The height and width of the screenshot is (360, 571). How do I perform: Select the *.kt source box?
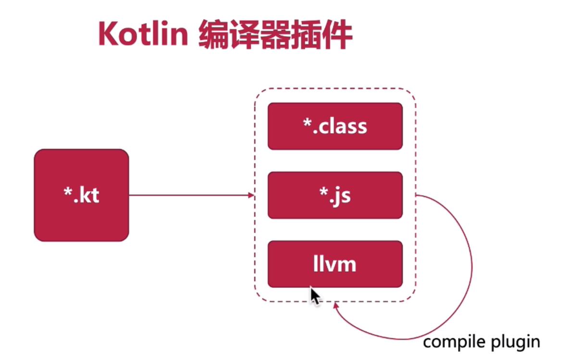pyautogui.click(x=81, y=195)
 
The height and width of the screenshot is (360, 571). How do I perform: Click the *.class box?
pyautogui.click(x=335, y=126)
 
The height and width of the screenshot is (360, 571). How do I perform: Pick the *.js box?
pyautogui.click(x=335, y=195)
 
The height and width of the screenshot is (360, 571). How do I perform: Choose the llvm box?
pyautogui.click(x=335, y=264)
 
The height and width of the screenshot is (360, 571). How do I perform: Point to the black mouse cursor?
pyautogui.click(x=314, y=295)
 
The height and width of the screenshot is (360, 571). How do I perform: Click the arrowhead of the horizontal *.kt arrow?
pyautogui.click(x=251, y=195)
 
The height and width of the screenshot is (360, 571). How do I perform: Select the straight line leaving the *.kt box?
pyautogui.click(x=190, y=195)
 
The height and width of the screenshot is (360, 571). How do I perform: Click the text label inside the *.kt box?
pyautogui.click(x=81, y=195)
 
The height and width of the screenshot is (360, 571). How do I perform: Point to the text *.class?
pyautogui.click(x=335, y=126)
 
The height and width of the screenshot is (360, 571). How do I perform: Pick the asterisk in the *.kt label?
pyautogui.click(x=67, y=192)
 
